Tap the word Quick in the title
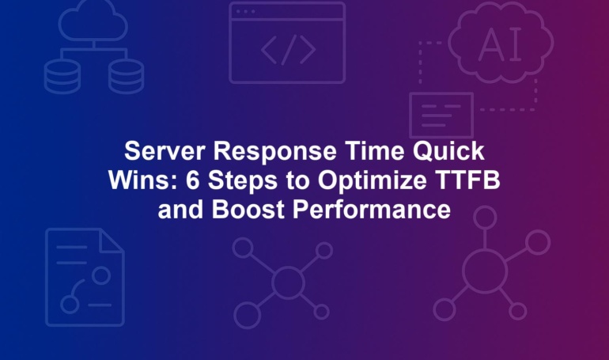448,151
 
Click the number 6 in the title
192,180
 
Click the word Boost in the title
248,210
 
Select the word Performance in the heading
372,210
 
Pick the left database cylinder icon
62,77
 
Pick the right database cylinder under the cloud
127,77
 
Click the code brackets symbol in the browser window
288,50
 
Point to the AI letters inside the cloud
500,44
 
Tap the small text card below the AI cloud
441,115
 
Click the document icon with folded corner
85,277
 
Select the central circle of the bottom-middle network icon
288,282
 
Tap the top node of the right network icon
485,218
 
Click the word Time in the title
374,150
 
